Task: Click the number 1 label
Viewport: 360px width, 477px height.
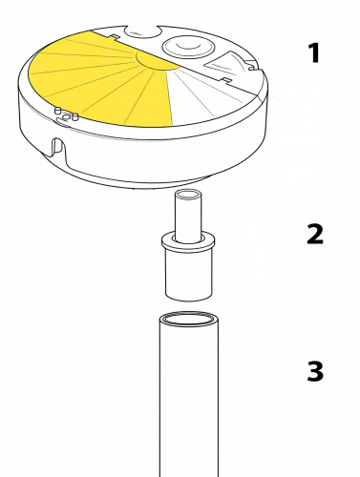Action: pyautogui.click(x=314, y=53)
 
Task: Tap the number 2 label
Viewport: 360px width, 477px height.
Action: pyautogui.click(x=315, y=234)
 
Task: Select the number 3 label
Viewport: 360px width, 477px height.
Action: pyautogui.click(x=315, y=371)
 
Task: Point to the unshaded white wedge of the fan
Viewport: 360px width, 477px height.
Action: pyautogui.click(x=203, y=95)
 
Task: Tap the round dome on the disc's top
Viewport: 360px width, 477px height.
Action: pyautogui.click(x=188, y=47)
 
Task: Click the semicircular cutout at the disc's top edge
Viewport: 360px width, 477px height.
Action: pyautogui.click(x=142, y=31)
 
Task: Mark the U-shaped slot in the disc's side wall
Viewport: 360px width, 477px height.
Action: pyautogui.click(x=59, y=148)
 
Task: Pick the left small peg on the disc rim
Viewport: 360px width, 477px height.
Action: pyautogui.click(x=58, y=111)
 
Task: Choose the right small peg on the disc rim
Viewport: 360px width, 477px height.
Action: pyautogui.click(x=75, y=116)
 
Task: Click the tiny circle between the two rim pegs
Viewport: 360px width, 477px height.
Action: pyautogui.click(x=66, y=117)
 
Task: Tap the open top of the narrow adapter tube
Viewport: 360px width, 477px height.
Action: pyautogui.click(x=188, y=194)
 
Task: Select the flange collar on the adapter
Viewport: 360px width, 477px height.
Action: pyautogui.click(x=188, y=242)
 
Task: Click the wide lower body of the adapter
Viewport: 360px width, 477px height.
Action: pyautogui.click(x=189, y=276)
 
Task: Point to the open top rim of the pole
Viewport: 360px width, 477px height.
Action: pyautogui.click(x=189, y=319)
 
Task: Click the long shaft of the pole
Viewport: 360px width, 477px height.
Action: pyautogui.click(x=189, y=399)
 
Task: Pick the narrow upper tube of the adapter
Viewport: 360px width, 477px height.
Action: pyautogui.click(x=188, y=218)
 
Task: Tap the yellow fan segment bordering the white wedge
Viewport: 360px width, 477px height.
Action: pyautogui.click(x=151, y=97)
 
